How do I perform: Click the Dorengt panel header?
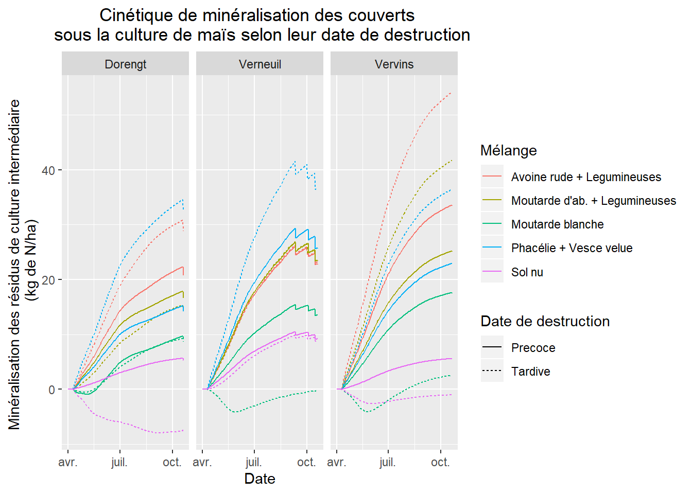[x=125, y=64]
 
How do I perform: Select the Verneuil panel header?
[x=259, y=64]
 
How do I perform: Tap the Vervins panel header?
[x=394, y=64]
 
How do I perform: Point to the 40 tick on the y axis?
[x=48, y=170]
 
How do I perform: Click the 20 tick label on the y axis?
[x=48, y=280]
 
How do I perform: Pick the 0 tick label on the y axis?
[x=51, y=390]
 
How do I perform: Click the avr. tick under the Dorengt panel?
[x=68, y=462]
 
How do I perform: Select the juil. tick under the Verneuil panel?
[x=254, y=462]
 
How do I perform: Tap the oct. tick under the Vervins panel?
[x=440, y=462]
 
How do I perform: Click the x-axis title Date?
[x=259, y=479]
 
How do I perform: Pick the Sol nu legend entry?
[x=527, y=272]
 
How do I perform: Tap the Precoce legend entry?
[x=533, y=348]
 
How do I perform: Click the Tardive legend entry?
[x=530, y=372]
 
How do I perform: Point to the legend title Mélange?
[x=508, y=150]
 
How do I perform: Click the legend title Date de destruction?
[x=545, y=321]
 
